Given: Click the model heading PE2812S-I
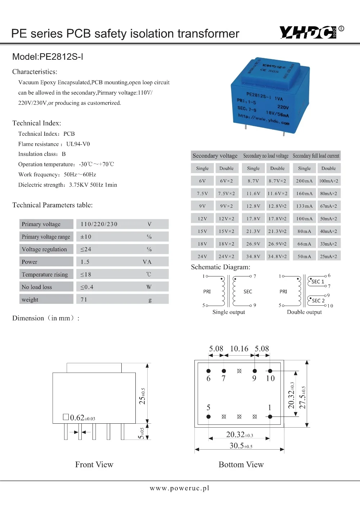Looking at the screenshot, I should point(48,57).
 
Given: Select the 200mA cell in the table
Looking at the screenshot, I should point(304,181).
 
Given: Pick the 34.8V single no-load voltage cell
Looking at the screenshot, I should point(253,257).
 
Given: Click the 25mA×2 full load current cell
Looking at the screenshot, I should point(328,257).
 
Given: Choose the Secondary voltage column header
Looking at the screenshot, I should point(215,156).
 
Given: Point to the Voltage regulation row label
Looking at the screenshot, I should point(44,249).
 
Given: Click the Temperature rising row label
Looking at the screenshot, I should point(45,275).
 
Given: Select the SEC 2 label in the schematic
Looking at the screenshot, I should point(318,301).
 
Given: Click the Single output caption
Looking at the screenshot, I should point(229,312).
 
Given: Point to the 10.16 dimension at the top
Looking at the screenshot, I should point(239,348).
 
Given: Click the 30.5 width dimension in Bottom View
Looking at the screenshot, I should point(240,446).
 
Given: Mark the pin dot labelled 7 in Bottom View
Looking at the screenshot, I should point(224,371).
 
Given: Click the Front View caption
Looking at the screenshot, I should point(94,465).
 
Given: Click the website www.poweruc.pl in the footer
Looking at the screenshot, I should point(179,488).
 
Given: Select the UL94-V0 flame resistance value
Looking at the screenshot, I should point(78,144).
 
